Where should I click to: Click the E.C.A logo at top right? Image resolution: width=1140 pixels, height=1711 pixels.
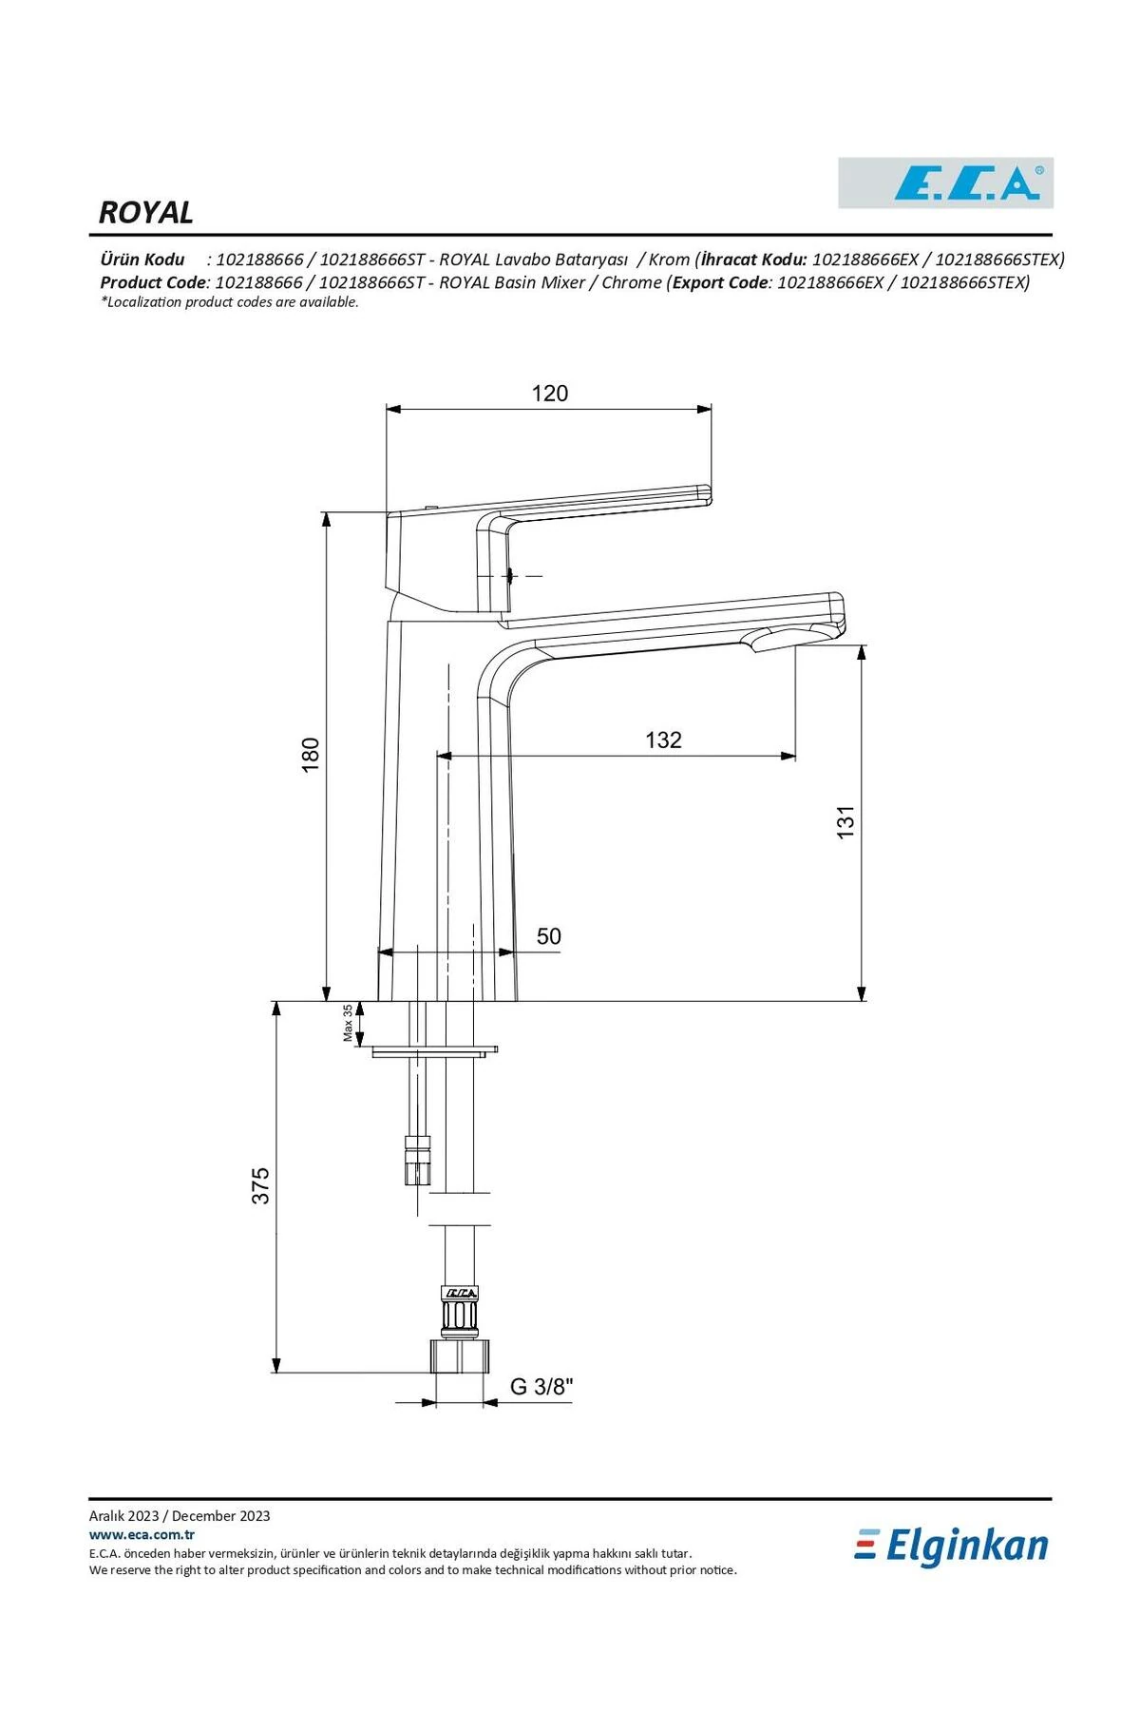click(945, 183)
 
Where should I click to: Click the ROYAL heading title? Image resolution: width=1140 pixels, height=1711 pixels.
click(146, 212)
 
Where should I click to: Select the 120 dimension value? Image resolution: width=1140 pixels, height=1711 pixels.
click(549, 394)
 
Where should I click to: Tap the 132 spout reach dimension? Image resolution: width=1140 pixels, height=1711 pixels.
click(663, 740)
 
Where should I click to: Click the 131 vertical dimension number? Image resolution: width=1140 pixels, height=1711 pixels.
click(845, 821)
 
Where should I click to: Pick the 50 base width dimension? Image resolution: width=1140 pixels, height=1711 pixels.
click(548, 936)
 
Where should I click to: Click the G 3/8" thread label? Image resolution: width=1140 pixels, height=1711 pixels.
click(541, 1387)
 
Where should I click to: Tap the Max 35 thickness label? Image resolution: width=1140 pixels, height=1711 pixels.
click(349, 1023)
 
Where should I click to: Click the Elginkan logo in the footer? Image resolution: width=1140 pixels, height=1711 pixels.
click(952, 1547)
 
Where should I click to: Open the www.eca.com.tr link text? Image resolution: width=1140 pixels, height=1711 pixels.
click(142, 1534)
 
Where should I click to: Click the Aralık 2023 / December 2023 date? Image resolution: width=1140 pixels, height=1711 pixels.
click(180, 1516)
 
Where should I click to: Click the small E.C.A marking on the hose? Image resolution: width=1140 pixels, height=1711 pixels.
click(461, 1292)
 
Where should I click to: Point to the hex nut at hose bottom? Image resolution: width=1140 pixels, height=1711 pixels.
click(460, 1355)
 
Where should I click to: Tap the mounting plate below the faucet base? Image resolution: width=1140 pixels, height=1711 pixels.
click(434, 1051)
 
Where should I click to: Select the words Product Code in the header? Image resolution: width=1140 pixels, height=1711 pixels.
click(153, 282)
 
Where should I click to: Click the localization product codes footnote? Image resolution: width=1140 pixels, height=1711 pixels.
click(230, 302)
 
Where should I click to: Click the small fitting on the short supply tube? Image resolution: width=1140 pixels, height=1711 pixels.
click(417, 1161)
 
